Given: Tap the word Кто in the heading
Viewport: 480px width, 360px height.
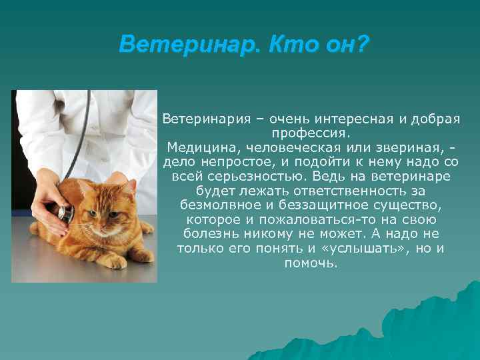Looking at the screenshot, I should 288,45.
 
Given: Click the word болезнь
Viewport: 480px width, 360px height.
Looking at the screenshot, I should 207,234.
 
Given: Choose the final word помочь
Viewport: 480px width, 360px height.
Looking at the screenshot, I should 311,263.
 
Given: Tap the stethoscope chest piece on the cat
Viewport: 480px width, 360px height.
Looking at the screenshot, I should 65,213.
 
